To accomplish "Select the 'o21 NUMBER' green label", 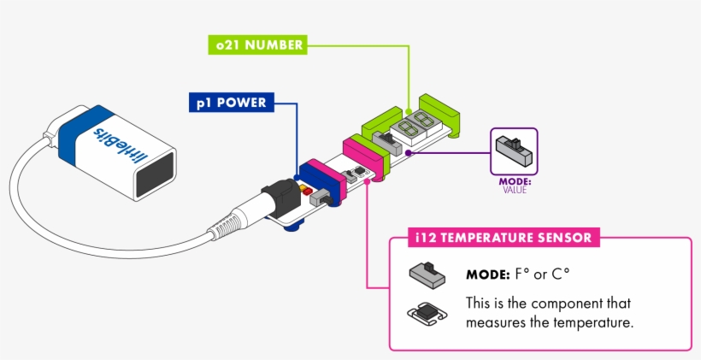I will tap(257, 45).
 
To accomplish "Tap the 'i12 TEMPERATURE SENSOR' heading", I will tap(495, 236).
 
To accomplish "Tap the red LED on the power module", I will tap(304, 186).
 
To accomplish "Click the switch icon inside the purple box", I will tap(514, 151).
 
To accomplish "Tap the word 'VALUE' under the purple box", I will tap(515, 190).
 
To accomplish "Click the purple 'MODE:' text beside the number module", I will tap(515, 181).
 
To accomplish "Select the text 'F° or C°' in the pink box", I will tap(542, 274).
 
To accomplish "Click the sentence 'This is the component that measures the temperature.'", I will tap(549, 313).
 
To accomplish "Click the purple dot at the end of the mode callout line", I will tap(409, 153).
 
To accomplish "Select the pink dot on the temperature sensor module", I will tap(367, 181).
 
